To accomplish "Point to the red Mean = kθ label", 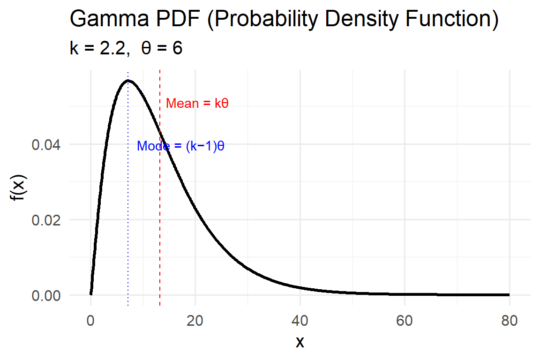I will pyautogui.click(x=197, y=103).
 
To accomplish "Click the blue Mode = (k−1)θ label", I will pyautogui.click(x=180, y=146).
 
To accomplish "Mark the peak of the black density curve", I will pyautogui.click(x=128, y=81).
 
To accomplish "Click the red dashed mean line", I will pyautogui.click(x=160, y=211).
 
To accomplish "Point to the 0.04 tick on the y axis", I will pyautogui.click(x=45, y=144).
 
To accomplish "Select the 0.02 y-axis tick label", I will pyautogui.click(x=45, y=220).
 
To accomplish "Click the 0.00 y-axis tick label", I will pyautogui.click(x=45, y=295).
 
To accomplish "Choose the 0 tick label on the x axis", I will pyautogui.click(x=90, y=321).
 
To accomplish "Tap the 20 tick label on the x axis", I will pyautogui.click(x=195, y=321).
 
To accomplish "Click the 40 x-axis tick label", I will pyautogui.click(x=300, y=321).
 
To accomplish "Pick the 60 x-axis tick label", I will pyautogui.click(x=405, y=321).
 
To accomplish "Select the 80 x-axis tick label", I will pyautogui.click(x=509, y=321).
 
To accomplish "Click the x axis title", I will pyautogui.click(x=300, y=343).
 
